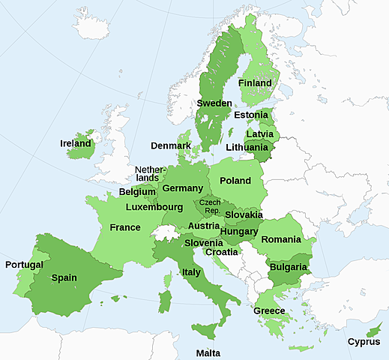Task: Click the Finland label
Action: [x=255, y=82]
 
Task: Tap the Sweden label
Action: [x=214, y=103]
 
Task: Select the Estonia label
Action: [x=251, y=115]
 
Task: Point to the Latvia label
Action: [x=259, y=133]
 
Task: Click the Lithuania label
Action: [x=247, y=147]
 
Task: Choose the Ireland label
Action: [x=76, y=143]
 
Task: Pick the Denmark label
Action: [x=171, y=145]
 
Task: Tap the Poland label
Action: [x=235, y=181]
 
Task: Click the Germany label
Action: [x=182, y=188]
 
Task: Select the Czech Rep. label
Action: [x=209, y=207]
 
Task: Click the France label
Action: [x=124, y=227]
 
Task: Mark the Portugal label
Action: [x=24, y=265]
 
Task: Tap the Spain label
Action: [x=64, y=277]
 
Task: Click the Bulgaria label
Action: [x=289, y=266]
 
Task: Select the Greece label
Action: [x=269, y=310]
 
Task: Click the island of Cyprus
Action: [x=370, y=329]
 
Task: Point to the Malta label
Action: [x=208, y=352]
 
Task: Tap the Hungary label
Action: [x=239, y=231]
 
